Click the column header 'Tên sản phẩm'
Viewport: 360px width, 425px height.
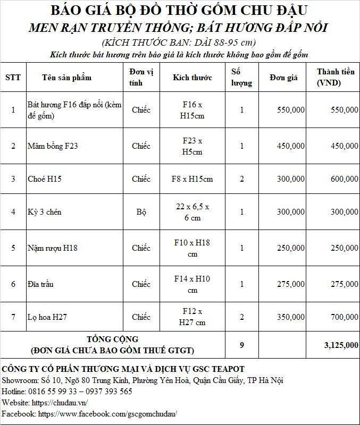[x=66, y=78]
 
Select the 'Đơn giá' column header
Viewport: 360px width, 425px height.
[x=283, y=78]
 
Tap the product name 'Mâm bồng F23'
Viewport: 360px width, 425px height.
[x=53, y=146]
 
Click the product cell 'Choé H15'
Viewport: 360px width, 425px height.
[x=45, y=179]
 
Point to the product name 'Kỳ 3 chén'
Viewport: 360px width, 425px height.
[x=45, y=212]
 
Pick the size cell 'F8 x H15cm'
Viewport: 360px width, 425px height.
[x=192, y=179]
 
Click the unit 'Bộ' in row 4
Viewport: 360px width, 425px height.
[x=141, y=212]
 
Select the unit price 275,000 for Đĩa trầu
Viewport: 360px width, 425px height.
[x=291, y=284]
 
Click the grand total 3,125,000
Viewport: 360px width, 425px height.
[x=341, y=345]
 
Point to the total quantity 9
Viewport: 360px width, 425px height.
[x=241, y=345]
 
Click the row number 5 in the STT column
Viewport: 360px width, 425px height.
[x=13, y=248]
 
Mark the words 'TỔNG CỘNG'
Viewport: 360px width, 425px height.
[x=112, y=339]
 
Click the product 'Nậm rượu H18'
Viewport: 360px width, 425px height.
[x=52, y=248]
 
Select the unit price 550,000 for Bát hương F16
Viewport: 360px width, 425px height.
[x=291, y=109]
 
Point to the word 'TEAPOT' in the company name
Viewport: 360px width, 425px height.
[x=225, y=369]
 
